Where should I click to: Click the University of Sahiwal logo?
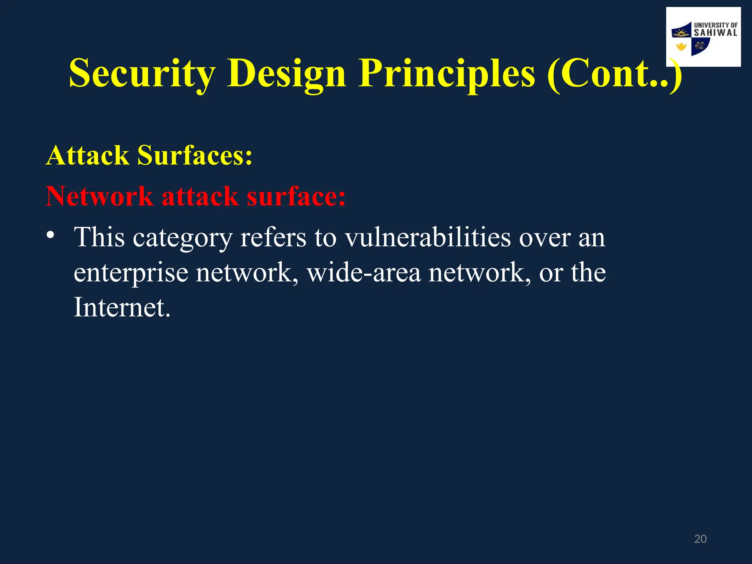tap(703, 37)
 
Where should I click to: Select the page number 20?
tap(700, 539)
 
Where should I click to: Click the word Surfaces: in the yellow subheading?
tap(195, 155)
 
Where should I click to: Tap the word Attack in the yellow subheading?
tap(87, 155)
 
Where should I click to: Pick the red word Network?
tap(100, 196)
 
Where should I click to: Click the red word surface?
tap(296, 196)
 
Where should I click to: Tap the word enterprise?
tap(131, 274)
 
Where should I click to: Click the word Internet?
tap(122, 307)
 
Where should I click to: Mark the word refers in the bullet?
tap(273, 238)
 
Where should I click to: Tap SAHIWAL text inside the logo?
tap(715, 33)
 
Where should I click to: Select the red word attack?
tap(200, 196)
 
